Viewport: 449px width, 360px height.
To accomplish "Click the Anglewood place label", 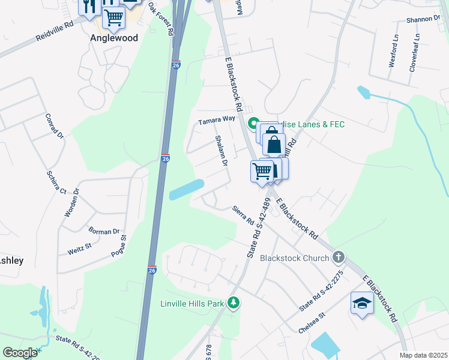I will (114, 38).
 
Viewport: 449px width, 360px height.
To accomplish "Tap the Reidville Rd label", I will (54, 31).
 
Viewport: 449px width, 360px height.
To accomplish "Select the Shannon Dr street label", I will (423, 19).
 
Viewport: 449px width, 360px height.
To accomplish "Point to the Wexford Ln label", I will (394, 50).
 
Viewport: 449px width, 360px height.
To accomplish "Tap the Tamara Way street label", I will (217, 119).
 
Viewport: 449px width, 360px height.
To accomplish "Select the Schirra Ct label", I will (56, 182).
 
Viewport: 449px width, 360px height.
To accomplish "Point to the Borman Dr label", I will (104, 231).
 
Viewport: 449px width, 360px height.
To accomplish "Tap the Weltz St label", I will (79, 246).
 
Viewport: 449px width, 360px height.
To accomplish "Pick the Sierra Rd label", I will (243, 216).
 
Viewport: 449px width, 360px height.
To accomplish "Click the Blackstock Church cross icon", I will (339, 257).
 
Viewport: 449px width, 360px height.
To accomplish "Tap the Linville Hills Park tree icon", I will (235, 304).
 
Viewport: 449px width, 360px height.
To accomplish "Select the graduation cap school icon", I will (362, 303).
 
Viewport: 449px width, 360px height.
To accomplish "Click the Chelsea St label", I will (312, 323).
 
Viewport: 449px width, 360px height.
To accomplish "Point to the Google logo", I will (20, 353).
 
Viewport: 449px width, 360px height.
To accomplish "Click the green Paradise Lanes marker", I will (254, 124).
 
